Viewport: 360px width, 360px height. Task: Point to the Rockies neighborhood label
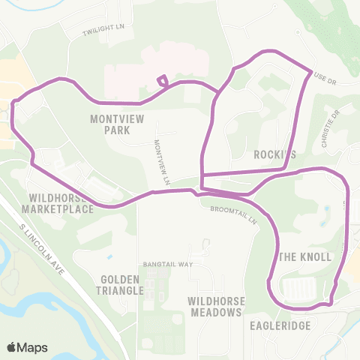click(x=274, y=154)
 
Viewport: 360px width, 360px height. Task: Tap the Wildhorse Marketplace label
click(x=61, y=203)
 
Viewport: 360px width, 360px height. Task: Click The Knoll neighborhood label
click(x=305, y=256)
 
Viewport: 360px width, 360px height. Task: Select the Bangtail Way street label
click(x=169, y=265)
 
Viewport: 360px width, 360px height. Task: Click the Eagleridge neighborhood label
click(x=279, y=326)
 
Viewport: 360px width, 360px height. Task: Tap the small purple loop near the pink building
click(x=161, y=81)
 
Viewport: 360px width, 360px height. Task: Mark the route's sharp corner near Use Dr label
click(x=310, y=71)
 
